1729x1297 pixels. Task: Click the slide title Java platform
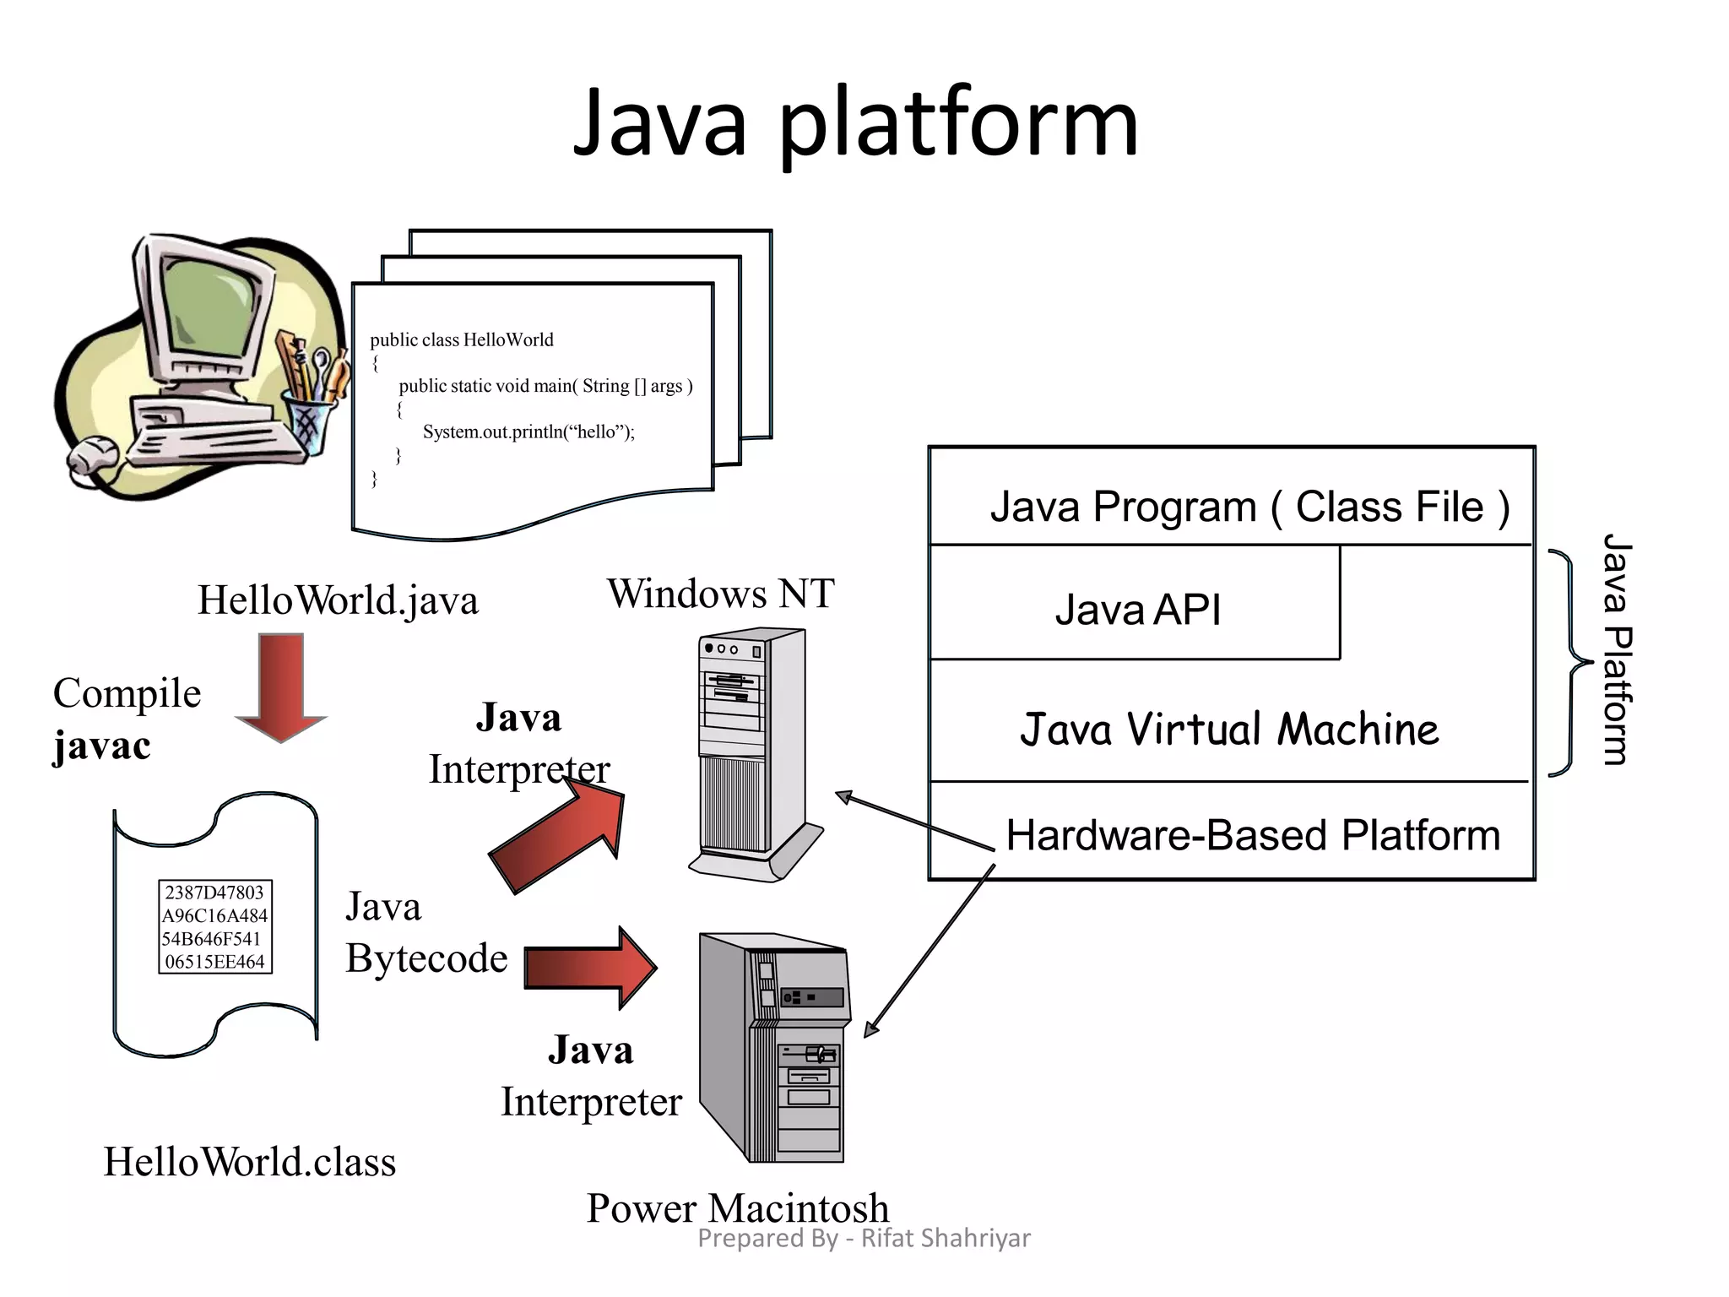[855, 124]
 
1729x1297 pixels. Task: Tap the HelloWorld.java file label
[338, 600]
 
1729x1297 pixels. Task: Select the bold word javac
[102, 746]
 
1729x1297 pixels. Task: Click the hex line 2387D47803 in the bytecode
[214, 893]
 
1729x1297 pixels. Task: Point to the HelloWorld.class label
[250, 1162]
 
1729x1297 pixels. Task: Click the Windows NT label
[720, 593]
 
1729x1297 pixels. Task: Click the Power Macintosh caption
[738, 1207]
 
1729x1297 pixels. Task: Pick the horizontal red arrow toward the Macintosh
[591, 968]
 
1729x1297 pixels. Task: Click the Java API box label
[1137, 609]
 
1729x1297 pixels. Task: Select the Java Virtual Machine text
[1229, 729]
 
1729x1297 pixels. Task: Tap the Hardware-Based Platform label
[1253, 835]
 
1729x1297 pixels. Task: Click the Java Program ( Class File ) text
[1249, 507]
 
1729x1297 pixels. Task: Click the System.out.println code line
[528, 431]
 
